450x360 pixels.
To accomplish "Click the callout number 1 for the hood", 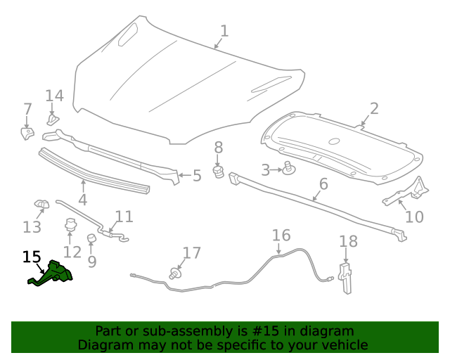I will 224,31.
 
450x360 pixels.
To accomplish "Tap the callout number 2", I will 374,108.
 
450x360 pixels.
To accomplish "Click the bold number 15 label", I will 32,257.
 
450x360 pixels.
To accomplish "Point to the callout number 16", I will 281,235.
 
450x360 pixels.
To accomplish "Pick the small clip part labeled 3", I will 288,169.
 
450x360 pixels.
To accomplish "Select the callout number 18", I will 349,242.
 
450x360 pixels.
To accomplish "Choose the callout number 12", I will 72,251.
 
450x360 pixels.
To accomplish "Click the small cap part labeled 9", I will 91,240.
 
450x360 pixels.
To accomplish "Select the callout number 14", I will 54,96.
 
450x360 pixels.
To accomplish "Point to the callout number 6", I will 323,184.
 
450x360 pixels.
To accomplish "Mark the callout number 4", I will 82,199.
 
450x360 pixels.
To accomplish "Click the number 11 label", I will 124,217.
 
